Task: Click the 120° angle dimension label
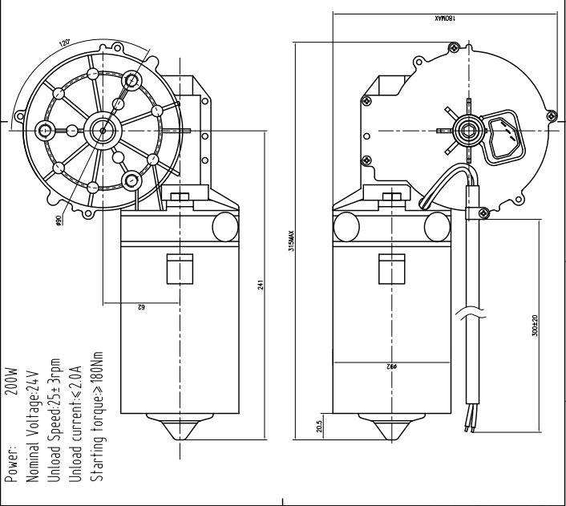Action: tap(64, 43)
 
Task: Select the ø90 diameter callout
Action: tap(59, 220)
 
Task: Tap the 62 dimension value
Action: tap(141, 307)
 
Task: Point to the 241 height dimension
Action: tap(261, 285)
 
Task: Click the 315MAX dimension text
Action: tap(291, 241)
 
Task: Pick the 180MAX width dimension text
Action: tap(445, 18)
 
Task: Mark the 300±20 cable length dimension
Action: tap(535, 326)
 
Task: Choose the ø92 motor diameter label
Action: tap(392, 366)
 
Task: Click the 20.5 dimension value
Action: tap(319, 427)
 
